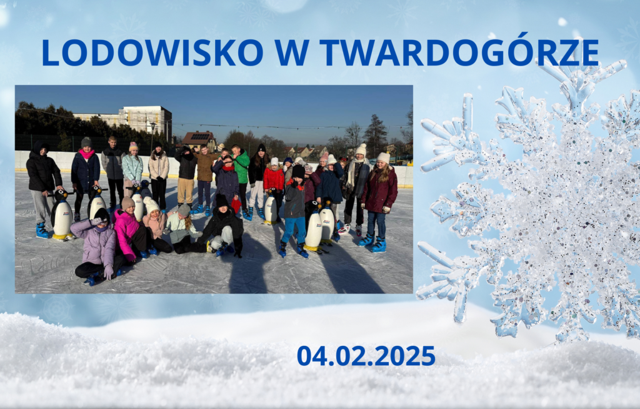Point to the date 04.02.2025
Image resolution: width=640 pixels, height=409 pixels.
click(366, 355)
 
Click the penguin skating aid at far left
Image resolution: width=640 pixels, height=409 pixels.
click(62, 214)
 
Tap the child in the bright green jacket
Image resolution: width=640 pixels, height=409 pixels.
click(241, 175)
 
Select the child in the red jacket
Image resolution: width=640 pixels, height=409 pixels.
click(273, 184)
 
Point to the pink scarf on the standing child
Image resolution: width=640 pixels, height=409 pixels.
click(86, 154)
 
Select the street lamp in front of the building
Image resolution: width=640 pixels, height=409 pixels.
click(152, 135)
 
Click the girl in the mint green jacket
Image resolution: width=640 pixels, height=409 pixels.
click(132, 171)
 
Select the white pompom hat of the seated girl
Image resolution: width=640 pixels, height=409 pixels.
click(151, 204)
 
